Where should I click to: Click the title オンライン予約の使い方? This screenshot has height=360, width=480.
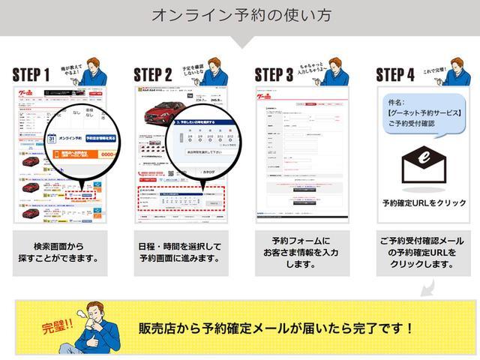pyautogui.click(x=240, y=15)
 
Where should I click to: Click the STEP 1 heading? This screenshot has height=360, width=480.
pyautogui.click(x=31, y=74)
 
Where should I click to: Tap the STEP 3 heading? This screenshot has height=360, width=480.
pyautogui.click(x=274, y=74)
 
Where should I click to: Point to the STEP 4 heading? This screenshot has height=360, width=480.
pyautogui.click(x=394, y=74)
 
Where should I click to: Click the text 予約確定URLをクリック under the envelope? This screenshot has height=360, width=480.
pyautogui.click(x=424, y=203)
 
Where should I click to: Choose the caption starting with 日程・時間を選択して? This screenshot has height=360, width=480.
pyautogui.click(x=180, y=253)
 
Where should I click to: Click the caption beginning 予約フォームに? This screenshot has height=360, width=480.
pyautogui.click(x=300, y=253)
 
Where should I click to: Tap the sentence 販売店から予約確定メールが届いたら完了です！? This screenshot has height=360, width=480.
pyautogui.click(x=276, y=328)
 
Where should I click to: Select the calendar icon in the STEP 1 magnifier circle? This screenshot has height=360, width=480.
pyautogui.click(x=52, y=139)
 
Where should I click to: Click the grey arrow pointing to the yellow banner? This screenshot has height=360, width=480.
pyautogui.click(x=426, y=289)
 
